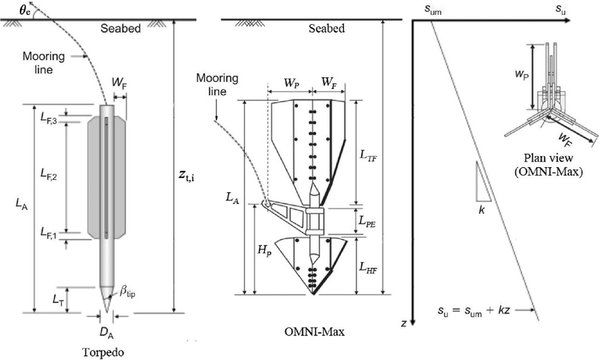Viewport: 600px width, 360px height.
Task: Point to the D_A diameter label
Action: pyautogui.click(x=107, y=331)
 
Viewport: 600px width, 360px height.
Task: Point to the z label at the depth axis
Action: pyautogui.click(x=403, y=324)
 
